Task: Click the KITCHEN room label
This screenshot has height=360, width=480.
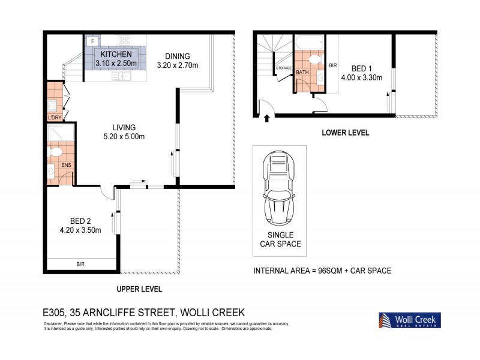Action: (x=117, y=55)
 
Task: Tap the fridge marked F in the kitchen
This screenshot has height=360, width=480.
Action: (x=92, y=41)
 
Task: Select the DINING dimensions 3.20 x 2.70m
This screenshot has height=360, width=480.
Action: (x=177, y=65)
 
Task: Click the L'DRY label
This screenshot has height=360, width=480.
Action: (x=54, y=118)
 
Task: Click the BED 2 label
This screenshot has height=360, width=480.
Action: (x=80, y=220)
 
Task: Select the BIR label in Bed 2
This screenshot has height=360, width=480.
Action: (x=80, y=263)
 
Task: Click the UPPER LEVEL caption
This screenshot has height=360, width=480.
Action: (x=139, y=289)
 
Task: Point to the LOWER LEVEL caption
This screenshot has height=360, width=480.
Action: (x=345, y=133)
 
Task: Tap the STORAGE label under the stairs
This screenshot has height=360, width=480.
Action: (x=283, y=68)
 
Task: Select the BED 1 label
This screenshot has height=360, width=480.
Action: (x=361, y=68)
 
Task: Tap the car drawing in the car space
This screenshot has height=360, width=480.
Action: (x=280, y=188)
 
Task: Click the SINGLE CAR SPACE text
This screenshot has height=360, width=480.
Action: (x=280, y=239)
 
